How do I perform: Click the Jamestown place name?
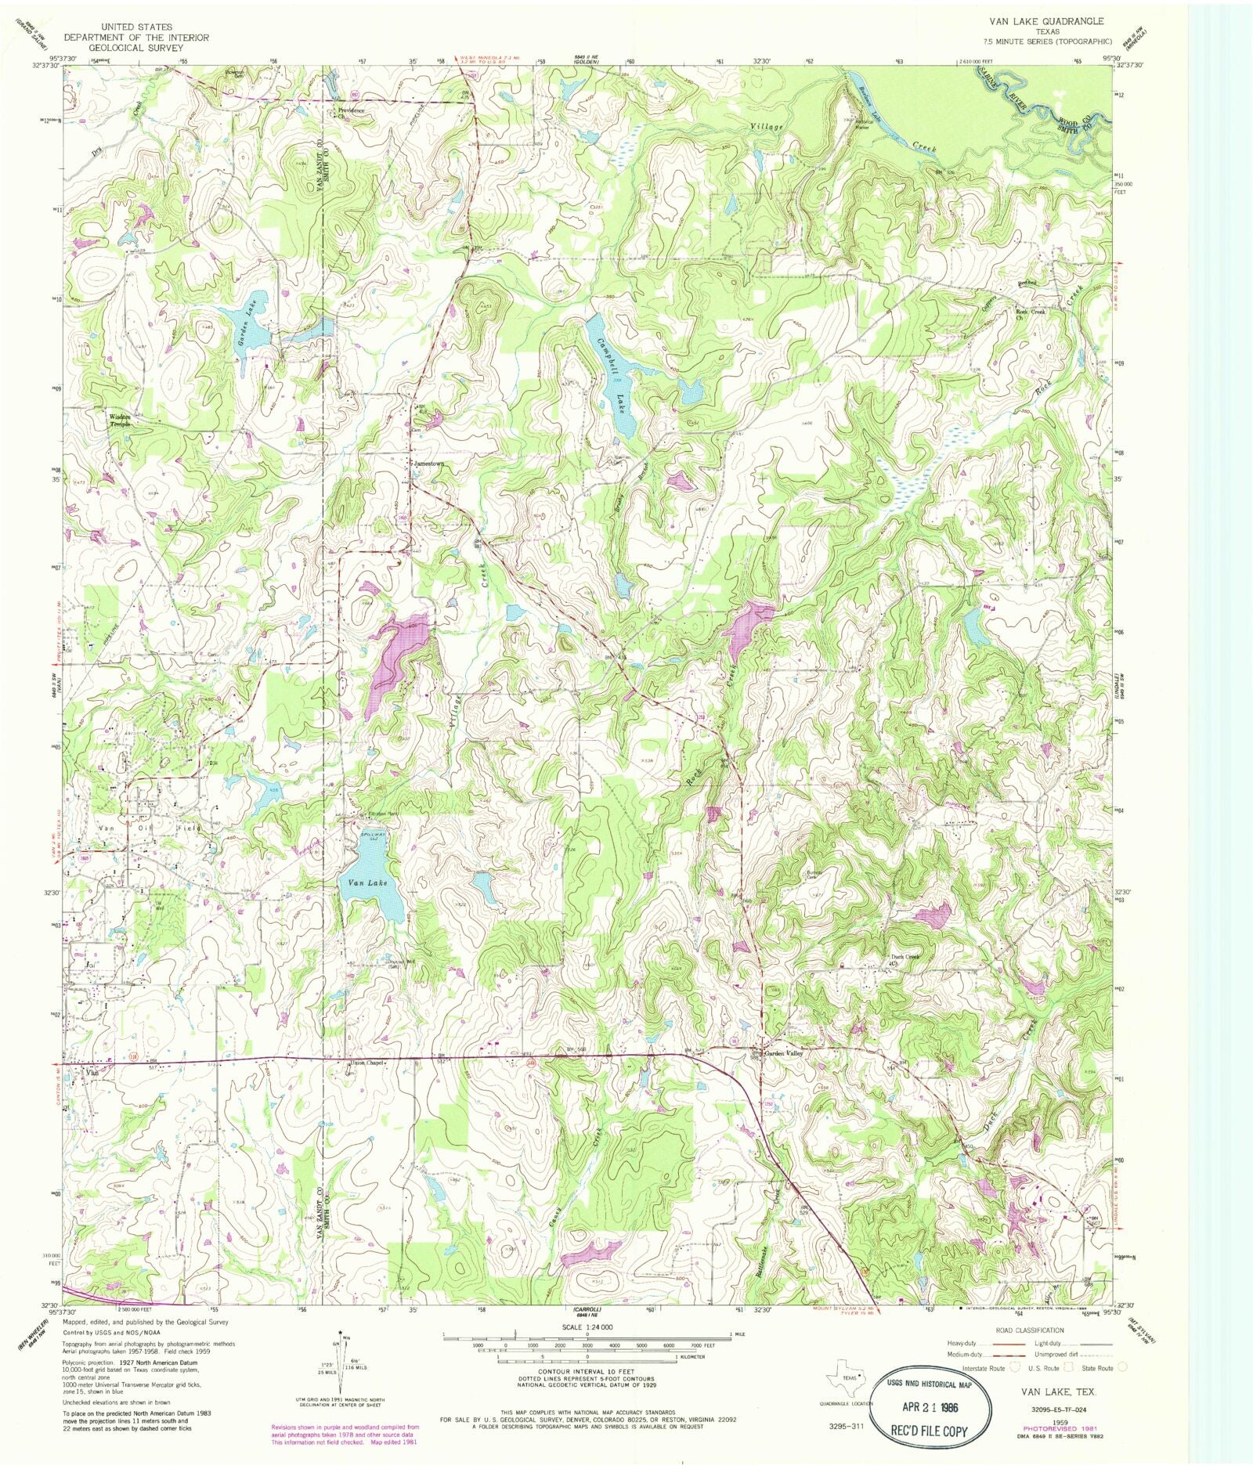429,464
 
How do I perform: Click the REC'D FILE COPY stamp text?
929,1431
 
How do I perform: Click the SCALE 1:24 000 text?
586,1326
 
